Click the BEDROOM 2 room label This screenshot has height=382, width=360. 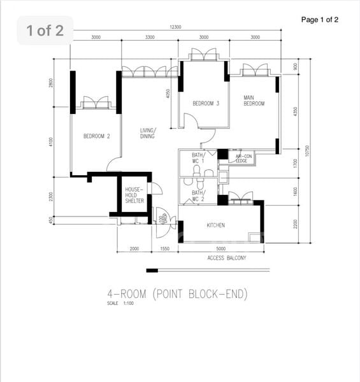[96, 136]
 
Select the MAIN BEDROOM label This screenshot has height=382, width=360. [254, 101]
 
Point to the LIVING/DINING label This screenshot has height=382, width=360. [148, 133]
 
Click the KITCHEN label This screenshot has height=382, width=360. [217, 226]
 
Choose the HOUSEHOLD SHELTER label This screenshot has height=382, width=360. [134, 195]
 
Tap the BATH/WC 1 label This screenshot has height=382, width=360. [198, 159]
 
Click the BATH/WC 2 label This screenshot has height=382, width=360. [198, 195]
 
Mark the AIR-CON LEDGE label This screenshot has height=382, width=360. [241, 159]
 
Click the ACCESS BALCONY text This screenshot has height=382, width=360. [227, 258]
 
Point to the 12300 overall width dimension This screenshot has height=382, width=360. [176, 27]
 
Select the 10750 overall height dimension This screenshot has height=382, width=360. [306, 151]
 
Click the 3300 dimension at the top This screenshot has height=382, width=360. [150, 38]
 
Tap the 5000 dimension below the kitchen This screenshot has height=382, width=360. [220, 249]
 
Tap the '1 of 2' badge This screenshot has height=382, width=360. [45, 30]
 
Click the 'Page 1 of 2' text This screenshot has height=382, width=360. [319, 20]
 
